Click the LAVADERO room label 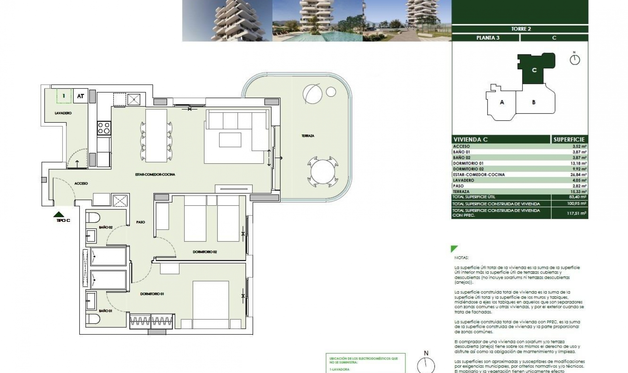click(63, 113)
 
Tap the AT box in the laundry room click(80, 96)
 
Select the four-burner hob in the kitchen click(104, 128)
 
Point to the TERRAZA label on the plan click(308, 136)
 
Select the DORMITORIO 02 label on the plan click(205, 252)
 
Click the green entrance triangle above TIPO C click(59, 215)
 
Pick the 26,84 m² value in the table click(578, 175)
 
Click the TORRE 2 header click(521, 29)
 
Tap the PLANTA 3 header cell click(488, 38)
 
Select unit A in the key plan click(502, 102)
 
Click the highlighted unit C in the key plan click(534, 70)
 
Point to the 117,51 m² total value click(576, 213)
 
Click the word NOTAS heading click(461, 258)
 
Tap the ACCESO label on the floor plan click(81, 184)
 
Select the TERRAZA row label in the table click(461, 192)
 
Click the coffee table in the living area click(230, 140)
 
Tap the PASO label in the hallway click(140, 222)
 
